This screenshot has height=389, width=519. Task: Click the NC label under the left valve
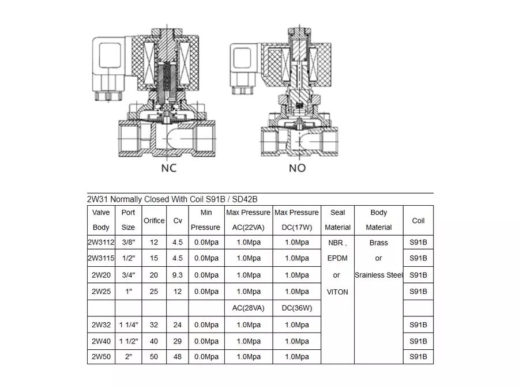point(168,168)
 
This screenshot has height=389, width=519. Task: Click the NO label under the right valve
point(297,168)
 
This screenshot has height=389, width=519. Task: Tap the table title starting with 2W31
point(172,199)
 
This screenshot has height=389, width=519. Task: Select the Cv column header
point(177,220)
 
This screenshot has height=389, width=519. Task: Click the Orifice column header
point(154,220)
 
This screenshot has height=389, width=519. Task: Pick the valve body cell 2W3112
point(101,243)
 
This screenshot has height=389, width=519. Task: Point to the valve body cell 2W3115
point(101,258)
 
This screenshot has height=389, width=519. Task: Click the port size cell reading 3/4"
point(128,275)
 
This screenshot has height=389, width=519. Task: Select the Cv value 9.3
point(177,275)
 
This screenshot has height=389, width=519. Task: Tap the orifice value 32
point(154,325)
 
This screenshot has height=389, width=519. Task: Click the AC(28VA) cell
point(248,308)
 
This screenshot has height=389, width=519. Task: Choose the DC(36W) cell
point(296,308)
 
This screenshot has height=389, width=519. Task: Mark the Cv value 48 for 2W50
point(177,357)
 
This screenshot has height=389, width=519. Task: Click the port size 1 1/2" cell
point(128,341)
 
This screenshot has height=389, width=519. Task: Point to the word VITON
point(337,292)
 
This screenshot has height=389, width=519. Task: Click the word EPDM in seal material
point(337,258)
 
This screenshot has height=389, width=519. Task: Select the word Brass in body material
point(378,243)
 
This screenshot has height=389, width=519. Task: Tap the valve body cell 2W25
point(101,292)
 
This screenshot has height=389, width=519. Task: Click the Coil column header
point(418,220)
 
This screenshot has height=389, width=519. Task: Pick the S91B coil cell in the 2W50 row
point(418,357)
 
